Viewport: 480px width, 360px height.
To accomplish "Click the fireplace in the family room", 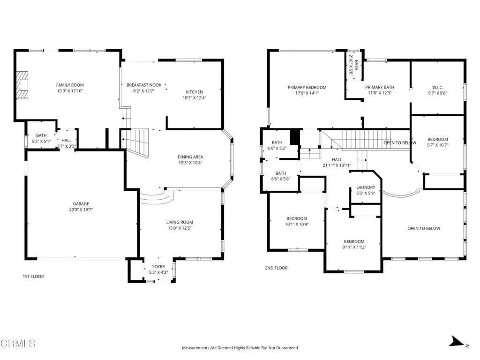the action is click(x=22, y=85).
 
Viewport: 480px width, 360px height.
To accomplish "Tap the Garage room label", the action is click(x=81, y=203).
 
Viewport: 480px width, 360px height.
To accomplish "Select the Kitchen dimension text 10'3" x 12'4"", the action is click(x=195, y=98).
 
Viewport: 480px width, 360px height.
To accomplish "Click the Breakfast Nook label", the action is click(x=144, y=85).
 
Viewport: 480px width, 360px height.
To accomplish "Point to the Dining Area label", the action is click(x=190, y=157).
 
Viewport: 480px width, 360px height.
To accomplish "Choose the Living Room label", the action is click(x=180, y=222).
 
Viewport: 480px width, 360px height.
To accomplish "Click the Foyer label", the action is click(x=158, y=267).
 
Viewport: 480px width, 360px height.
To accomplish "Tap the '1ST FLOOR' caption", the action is click(x=33, y=277).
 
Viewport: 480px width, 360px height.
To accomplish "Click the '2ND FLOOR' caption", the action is click(x=277, y=268).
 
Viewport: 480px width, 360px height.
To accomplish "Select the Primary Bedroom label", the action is click(x=307, y=88).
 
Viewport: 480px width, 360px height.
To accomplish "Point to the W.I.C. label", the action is click(x=437, y=88).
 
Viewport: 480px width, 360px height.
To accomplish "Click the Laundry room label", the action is click(x=366, y=187).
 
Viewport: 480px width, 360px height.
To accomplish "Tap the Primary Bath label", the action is click(x=380, y=87).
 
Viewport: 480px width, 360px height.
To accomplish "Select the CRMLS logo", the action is click(x=18, y=344).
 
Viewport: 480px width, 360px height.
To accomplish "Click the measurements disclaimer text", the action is click(x=240, y=348).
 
